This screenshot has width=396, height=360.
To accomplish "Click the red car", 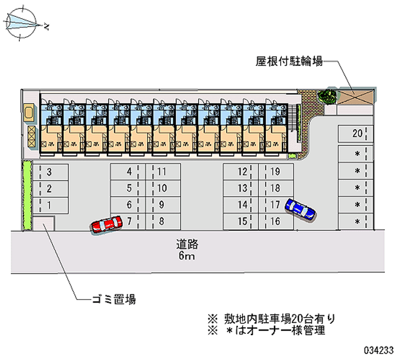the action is coord(106,224).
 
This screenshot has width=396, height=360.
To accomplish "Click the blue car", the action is coord(300,208).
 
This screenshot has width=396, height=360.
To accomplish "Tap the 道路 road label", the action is coord(187,244).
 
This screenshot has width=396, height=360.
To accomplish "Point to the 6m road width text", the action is coord(187,257).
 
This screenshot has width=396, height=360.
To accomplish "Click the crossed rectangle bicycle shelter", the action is coord(355,96).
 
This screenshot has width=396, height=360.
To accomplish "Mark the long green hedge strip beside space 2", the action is coord(27,195).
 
